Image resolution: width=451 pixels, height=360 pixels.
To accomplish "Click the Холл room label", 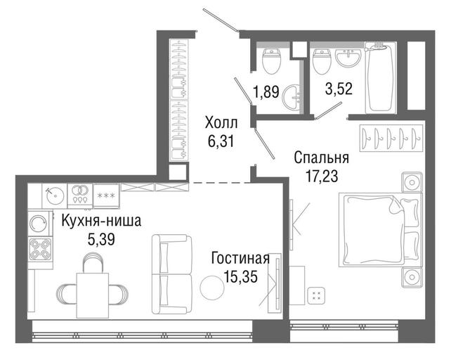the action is (x=221, y=123).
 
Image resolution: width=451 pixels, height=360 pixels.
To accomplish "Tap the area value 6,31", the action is (x=221, y=141).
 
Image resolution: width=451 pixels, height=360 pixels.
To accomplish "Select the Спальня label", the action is (x=321, y=157).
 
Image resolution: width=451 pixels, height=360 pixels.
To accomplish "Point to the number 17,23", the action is (x=322, y=176).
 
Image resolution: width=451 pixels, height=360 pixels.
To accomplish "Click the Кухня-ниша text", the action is (x=102, y=221).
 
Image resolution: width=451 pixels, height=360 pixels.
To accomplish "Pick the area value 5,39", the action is (x=101, y=239).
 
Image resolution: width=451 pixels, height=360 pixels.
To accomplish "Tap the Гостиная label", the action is (x=240, y=258).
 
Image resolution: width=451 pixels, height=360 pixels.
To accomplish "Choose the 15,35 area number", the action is (x=240, y=277).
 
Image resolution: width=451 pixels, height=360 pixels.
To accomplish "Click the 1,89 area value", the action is (x=266, y=92).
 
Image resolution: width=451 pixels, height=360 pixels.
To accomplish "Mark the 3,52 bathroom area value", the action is (x=339, y=89).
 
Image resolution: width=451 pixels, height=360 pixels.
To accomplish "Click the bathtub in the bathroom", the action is (x=381, y=77).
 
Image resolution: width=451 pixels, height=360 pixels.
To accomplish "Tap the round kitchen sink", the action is (x=55, y=196).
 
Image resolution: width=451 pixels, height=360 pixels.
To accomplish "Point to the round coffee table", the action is (x=212, y=287).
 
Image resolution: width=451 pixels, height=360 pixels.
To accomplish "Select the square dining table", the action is (x=92, y=295).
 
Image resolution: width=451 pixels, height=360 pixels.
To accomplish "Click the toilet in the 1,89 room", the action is (x=272, y=61).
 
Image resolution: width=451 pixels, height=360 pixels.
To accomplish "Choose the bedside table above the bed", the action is (x=412, y=182).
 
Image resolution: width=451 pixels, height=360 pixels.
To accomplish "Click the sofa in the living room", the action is (x=171, y=274).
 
